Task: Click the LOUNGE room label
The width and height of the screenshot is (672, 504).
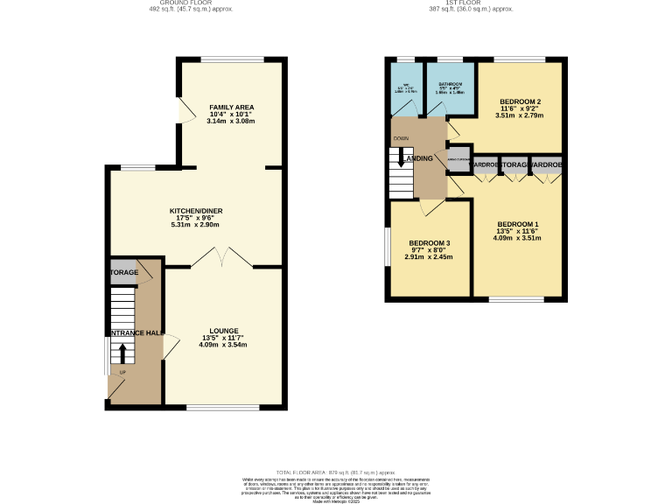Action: [224, 331]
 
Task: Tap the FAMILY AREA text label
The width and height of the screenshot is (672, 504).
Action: [231, 107]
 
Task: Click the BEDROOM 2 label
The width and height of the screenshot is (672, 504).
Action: [520, 101]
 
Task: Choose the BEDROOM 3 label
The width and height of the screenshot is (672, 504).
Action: [430, 242]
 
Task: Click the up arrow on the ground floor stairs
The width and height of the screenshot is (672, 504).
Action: [122, 353]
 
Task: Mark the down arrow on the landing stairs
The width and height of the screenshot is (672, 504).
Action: [401, 158]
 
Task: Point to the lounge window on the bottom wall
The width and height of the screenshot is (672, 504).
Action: [223, 407]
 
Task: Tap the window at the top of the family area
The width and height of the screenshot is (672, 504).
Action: [231, 59]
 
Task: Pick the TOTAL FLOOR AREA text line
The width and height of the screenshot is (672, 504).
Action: [336, 472]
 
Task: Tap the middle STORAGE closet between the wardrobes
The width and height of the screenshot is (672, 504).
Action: [515, 164]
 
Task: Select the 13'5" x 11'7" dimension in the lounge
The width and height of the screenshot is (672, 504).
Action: [224, 339]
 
